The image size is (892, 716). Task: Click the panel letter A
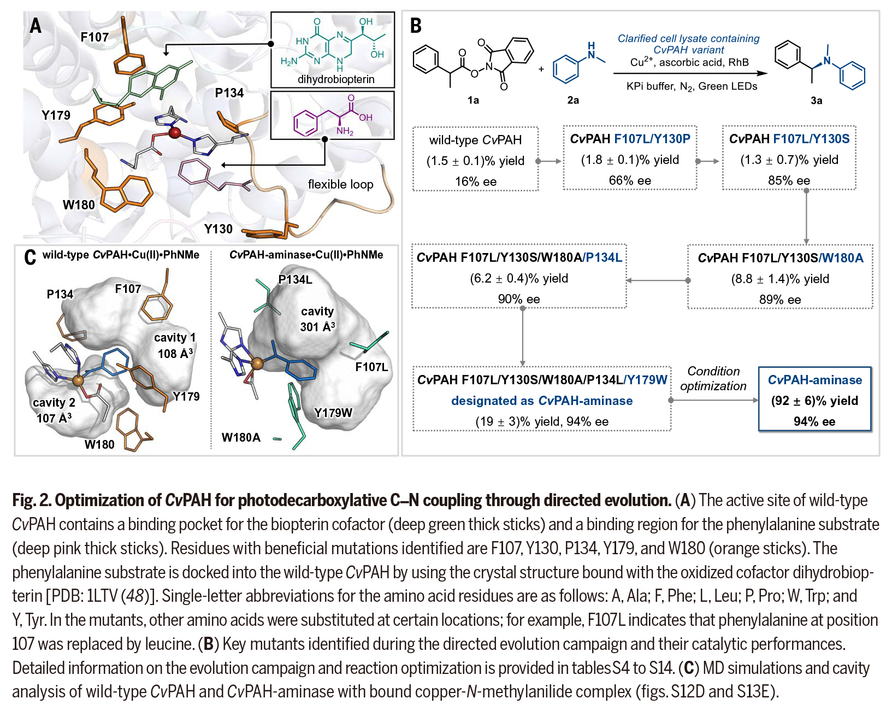(36, 26)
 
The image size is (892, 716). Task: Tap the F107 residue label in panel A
(94, 37)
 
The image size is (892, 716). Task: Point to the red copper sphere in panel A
(175, 133)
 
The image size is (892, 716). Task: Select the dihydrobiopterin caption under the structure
(336, 79)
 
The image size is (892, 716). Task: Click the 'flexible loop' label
(340, 184)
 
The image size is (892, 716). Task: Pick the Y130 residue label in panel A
(218, 229)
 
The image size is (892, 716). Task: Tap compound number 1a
(473, 100)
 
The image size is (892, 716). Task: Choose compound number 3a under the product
(816, 101)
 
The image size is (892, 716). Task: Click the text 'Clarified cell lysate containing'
(688, 38)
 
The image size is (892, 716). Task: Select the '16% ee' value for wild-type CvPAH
(476, 181)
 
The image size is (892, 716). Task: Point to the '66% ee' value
(630, 180)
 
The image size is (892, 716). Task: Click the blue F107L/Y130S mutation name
(812, 139)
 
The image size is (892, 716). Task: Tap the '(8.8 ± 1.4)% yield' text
(780, 279)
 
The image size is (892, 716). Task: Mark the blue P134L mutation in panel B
(604, 257)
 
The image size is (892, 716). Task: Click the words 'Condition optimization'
(713, 378)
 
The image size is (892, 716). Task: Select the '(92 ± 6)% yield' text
(814, 401)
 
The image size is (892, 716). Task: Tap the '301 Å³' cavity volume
(317, 327)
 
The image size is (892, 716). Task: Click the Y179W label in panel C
(333, 413)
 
